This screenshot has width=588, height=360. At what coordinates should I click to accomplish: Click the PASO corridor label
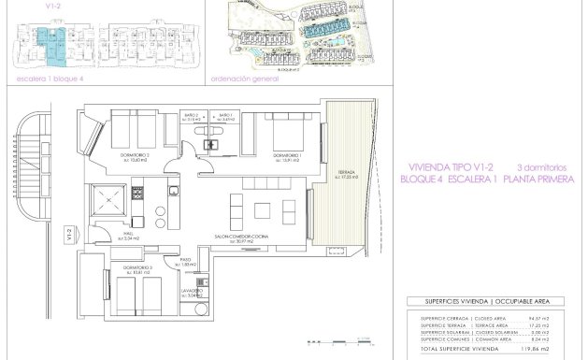point(185,263)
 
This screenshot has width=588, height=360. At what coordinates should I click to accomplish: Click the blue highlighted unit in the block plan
point(46,43)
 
